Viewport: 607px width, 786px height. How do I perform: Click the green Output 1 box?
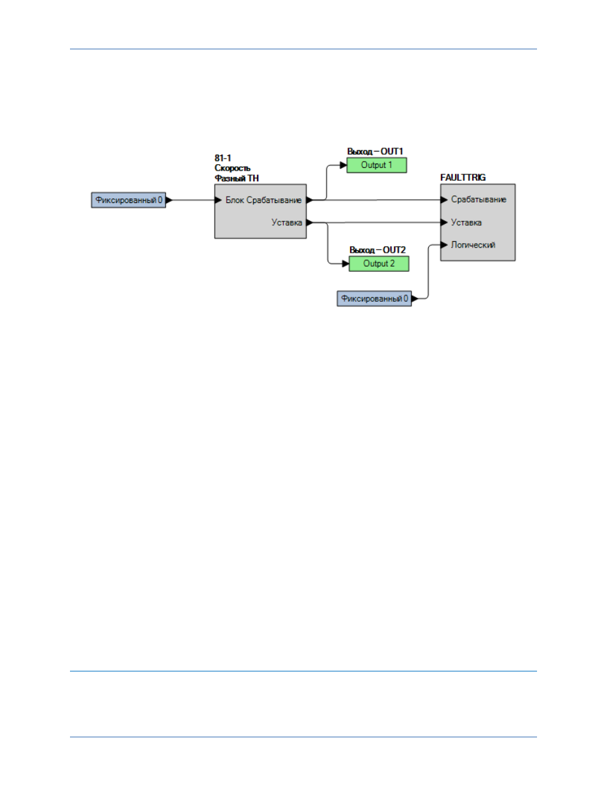click(x=376, y=165)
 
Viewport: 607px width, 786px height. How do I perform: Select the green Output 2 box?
click(x=379, y=263)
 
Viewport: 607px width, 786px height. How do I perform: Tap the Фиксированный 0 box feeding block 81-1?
click(x=129, y=200)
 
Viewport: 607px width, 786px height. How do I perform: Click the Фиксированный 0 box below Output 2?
click(x=374, y=298)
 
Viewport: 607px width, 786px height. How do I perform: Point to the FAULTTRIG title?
click(x=463, y=178)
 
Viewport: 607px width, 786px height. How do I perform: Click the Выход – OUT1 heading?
click(x=375, y=151)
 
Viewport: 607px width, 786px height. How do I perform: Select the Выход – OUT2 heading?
click(x=377, y=250)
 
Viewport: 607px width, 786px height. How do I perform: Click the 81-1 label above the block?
click(x=222, y=158)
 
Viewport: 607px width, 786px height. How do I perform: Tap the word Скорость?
click(x=232, y=168)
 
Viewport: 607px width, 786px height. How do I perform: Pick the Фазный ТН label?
click(x=237, y=178)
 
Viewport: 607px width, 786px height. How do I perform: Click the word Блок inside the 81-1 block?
click(x=235, y=200)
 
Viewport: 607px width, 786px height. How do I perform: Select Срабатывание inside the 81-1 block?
click(x=274, y=200)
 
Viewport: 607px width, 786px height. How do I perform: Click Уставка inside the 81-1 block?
click(x=286, y=223)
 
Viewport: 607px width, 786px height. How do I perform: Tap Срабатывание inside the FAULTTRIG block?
click(x=478, y=199)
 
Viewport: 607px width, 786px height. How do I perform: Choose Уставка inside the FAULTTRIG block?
click(x=466, y=223)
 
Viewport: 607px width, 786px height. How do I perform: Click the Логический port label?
click(x=473, y=245)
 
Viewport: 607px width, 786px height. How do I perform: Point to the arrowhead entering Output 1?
click(x=344, y=165)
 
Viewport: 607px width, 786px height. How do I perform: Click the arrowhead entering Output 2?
click(x=345, y=263)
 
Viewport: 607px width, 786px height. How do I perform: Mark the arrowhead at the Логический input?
click(x=444, y=245)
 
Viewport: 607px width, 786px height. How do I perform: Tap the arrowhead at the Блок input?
click(x=218, y=200)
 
